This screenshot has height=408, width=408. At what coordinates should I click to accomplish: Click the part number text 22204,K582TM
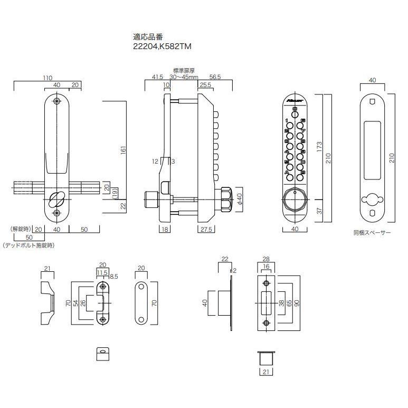[x=162, y=46]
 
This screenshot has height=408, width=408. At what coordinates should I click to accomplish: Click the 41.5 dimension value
[x=157, y=77]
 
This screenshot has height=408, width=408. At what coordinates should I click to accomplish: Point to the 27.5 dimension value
[x=206, y=229]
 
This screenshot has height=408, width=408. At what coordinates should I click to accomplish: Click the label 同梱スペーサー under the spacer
[x=372, y=232]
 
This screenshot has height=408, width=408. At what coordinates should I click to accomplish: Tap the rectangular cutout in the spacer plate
[x=373, y=149]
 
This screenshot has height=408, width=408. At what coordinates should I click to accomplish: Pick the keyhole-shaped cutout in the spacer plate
[x=372, y=200]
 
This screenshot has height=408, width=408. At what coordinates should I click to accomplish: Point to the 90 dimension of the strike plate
[x=298, y=303]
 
